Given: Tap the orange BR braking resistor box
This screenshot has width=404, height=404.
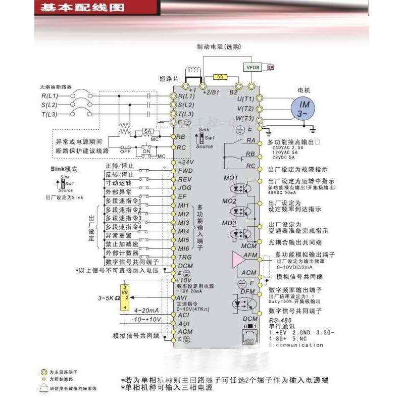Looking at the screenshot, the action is [x=219, y=77].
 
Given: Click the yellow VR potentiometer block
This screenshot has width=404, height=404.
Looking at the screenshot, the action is [x=124, y=298].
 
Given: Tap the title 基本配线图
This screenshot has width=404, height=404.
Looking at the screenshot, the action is [x=70, y=8].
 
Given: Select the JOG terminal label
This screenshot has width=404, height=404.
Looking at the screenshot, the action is [x=185, y=188].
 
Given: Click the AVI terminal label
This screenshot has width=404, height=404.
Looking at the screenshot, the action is [x=183, y=297].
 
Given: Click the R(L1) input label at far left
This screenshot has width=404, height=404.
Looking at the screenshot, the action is [x=50, y=95].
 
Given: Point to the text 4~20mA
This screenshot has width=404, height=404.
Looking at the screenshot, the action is [x=147, y=310].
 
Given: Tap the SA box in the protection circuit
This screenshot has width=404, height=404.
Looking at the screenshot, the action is [x=147, y=130].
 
